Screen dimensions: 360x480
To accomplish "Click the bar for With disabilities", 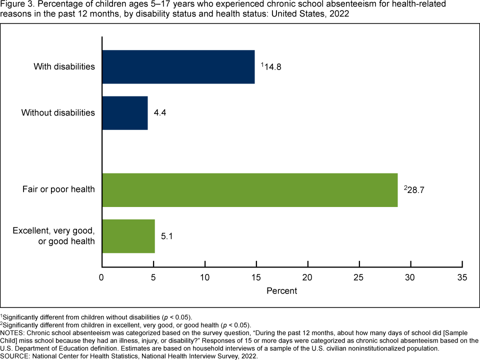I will (x=178, y=66).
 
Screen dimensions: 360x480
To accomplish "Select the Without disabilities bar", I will (x=125, y=113).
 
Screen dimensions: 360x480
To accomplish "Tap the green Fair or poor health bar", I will (x=250, y=190).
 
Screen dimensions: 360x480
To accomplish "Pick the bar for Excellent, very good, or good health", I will (x=128, y=236).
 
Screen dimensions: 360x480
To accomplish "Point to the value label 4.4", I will (x=160, y=113).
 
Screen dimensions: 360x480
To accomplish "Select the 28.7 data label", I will (x=416, y=190).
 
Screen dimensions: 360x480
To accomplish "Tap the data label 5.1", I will (x=167, y=236).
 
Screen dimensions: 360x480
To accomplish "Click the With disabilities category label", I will (x=64, y=66).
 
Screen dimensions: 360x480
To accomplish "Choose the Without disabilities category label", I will (x=58, y=113).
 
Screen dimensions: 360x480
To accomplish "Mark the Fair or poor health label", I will (x=58, y=190).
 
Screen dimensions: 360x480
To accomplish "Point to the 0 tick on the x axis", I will (x=102, y=277).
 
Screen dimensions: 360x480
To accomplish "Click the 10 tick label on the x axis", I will (x=205, y=277).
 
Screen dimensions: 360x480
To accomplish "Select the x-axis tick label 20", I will (x=307, y=277).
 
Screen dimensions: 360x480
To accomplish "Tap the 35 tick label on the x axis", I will (x=462, y=277).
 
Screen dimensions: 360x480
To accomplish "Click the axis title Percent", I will (x=281, y=291).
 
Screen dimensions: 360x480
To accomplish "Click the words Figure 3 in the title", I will (x=15, y=4).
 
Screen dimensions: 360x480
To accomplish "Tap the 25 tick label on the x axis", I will (x=359, y=277).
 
